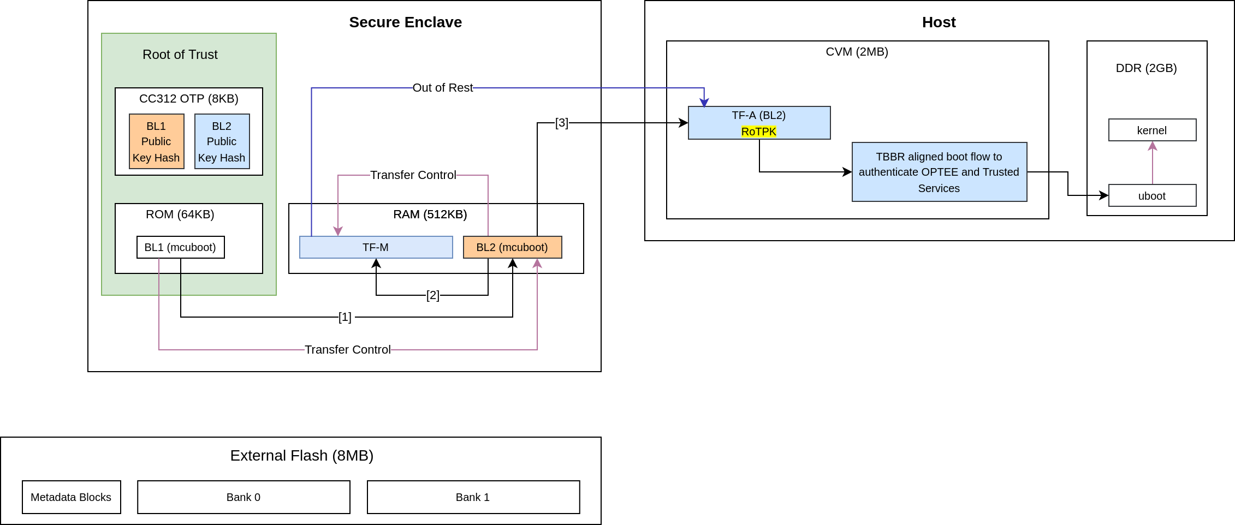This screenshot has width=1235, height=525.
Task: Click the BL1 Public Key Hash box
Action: pos(156,141)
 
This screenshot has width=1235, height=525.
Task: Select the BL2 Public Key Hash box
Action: pos(222,141)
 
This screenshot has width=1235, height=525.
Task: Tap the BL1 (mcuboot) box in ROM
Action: pos(180,247)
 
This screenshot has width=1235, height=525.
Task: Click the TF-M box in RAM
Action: pos(376,247)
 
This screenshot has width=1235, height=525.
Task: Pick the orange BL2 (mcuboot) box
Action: pos(512,247)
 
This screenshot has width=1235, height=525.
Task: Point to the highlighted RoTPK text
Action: pos(758,132)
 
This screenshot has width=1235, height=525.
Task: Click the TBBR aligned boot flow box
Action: pos(939,172)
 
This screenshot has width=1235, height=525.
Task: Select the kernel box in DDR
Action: pos(1152,130)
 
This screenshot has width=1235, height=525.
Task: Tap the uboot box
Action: pos(1152,196)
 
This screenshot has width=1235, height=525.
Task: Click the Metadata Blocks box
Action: pos(71,497)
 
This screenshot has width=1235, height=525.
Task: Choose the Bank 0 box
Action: pos(244,497)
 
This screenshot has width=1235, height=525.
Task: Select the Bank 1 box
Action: pos(473,497)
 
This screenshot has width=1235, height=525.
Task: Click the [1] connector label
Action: pos(345,317)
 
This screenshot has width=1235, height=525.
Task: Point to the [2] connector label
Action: pos(432,295)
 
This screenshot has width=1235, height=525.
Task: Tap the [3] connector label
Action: pos(561,123)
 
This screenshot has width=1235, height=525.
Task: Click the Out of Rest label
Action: pos(442,88)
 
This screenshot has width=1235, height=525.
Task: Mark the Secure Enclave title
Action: pos(405,22)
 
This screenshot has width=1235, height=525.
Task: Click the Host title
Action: pos(939,22)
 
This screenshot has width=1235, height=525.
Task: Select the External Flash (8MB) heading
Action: pos(301,456)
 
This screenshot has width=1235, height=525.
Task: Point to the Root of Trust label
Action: pos(180,55)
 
